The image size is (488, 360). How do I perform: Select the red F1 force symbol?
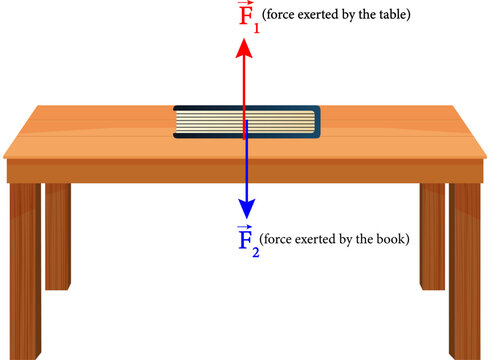point(243,17)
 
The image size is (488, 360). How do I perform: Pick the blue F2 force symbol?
point(243,241)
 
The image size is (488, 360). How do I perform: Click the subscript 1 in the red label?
point(254,25)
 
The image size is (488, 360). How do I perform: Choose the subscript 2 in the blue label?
point(255,251)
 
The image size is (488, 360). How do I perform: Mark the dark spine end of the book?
point(315,122)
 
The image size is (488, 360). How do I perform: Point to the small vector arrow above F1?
point(241,4)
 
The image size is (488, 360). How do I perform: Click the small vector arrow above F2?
point(242,228)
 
